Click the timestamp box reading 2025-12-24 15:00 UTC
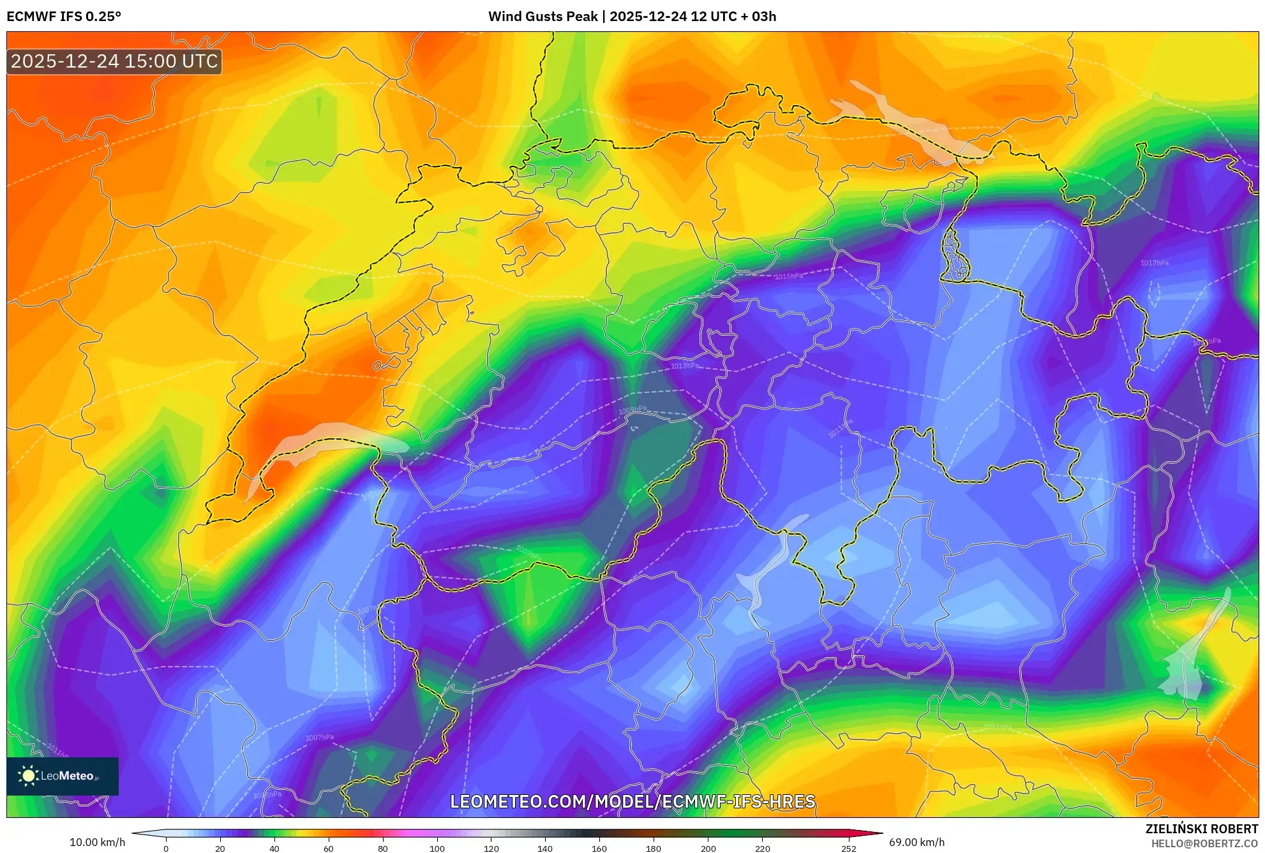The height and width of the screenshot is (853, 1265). pyautogui.click(x=114, y=61)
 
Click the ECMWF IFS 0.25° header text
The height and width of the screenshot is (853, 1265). pyautogui.click(x=64, y=17)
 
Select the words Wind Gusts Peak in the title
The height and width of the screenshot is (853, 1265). pyautogui.click(x=543, y=17)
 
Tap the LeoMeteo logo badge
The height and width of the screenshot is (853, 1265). pyautogui.click(x=62, y=776)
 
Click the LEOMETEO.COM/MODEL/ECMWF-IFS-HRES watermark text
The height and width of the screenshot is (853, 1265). pyautogui.click(x=632, y=801)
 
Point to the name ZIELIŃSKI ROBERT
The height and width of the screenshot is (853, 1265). pyautogui.click(x=1201, y=829)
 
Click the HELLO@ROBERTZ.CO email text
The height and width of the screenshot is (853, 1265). pyautogui.click(x=1204, y=843)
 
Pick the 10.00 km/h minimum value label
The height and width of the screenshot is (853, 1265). pyautogui.click(x=97, y=842)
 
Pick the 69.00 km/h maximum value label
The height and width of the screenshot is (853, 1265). pyautogui.click(x=917, y=842)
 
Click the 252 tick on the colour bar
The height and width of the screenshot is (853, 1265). pyautogui.click(x=848, y=848)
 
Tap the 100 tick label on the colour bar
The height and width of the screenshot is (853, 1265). pyautogui.click(x=437, y=848)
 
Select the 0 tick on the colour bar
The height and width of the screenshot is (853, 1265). pyautogui.click(x=166, y=848)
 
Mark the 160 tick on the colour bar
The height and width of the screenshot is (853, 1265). pyautogui.click(x=599, y=848)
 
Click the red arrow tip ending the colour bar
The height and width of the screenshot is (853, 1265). pyautogui.click(x=878, y=833)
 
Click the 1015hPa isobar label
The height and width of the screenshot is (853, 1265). pyautogui.click(x=789, y=276)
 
